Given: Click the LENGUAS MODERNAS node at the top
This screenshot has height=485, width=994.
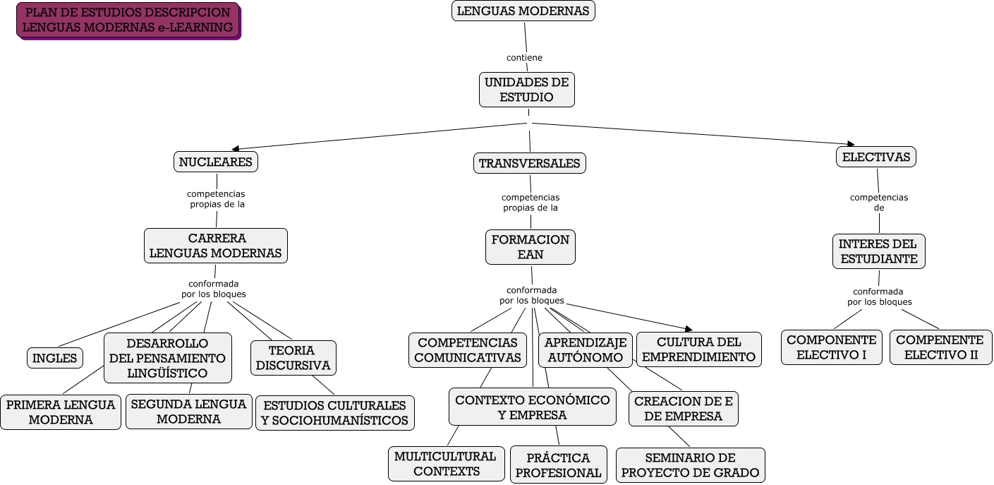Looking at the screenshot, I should [x=523, y=11].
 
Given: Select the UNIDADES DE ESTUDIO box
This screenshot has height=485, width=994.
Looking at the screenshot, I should [x=526, y=90].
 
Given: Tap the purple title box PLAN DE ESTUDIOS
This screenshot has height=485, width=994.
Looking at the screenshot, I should [x=128, y=20].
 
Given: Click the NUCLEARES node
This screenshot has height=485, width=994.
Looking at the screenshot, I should [x=216, y=162].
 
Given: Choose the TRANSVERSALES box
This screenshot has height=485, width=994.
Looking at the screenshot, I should [x=529, y=163].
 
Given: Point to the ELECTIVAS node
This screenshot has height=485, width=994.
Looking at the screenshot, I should [x=875, y=157].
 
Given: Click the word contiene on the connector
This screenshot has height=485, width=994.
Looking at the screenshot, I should [x=524, y=57].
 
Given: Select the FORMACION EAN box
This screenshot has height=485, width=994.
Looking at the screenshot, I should [x=531, y=247].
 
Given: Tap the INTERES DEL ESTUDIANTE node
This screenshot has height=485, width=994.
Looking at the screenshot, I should [x=878, y=251].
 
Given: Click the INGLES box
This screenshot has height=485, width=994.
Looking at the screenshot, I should [x=55, y=358].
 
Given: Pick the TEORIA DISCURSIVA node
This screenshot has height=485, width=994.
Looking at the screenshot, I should [x=293, y=358].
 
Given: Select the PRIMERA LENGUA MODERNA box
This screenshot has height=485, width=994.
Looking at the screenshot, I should [x=61, y=412].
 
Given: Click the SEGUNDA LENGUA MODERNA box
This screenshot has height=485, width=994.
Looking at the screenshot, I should [x=188, y=411].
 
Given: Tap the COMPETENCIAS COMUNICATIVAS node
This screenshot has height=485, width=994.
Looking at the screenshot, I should [x=467, y=350].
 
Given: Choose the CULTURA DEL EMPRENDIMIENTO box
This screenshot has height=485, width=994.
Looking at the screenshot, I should [x=699, y=349].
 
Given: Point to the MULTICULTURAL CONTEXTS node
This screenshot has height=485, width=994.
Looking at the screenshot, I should [x=446, y=464].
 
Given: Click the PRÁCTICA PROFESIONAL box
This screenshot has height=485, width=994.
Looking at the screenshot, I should [x=558, y=465].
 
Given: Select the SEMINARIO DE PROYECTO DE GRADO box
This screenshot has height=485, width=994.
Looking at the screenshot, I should [x=690, y=465].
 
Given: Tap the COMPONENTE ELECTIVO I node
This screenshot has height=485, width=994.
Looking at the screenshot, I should [x=831, y=347].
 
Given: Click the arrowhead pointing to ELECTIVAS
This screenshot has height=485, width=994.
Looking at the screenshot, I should [x=851, y=144].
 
